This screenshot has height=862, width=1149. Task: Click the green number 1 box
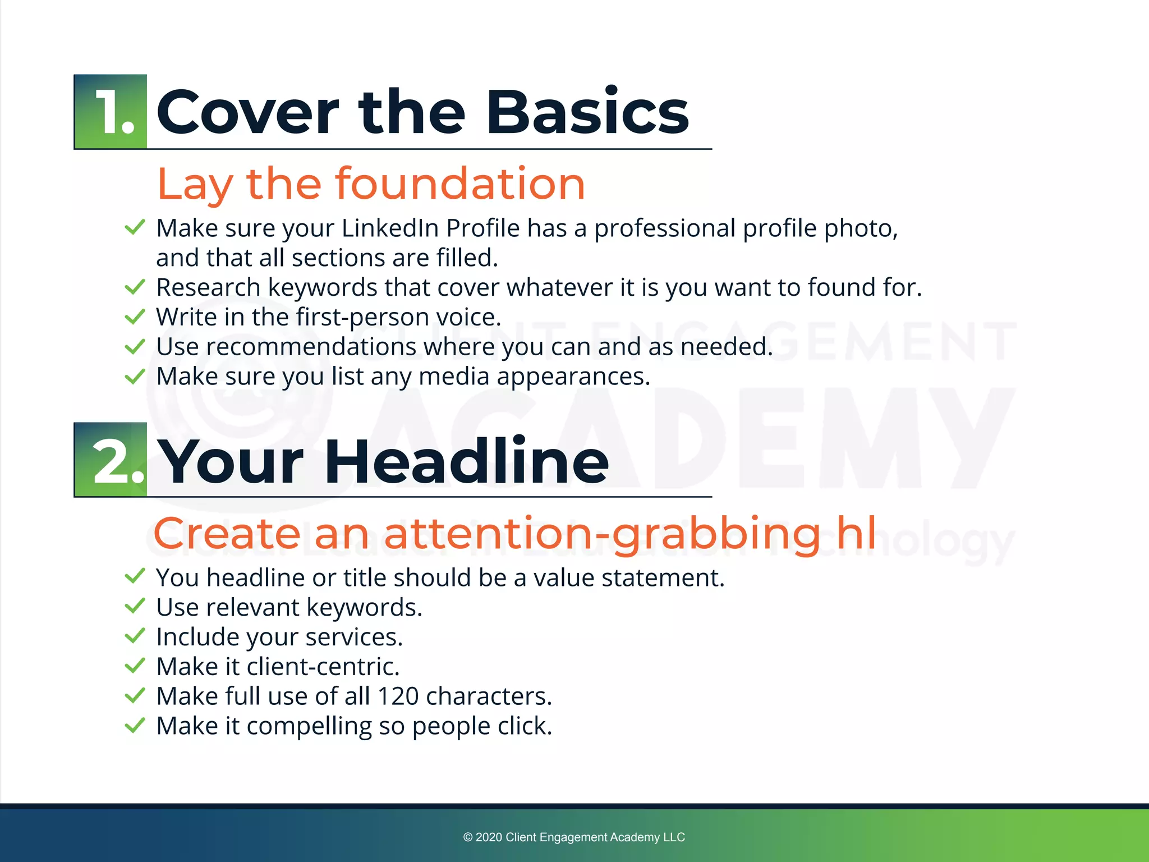(x=111, y=112)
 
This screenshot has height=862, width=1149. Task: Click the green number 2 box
(x=111, y=460)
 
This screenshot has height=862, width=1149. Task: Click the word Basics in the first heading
(x=587, y=112)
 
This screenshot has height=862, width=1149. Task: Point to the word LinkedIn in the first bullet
(x=390, y=228)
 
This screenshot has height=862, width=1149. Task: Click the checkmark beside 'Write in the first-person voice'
(x=135, y=317)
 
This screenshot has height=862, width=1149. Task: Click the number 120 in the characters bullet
(x=398, y=696)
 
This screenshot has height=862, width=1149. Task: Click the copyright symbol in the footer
(x=468, y=837)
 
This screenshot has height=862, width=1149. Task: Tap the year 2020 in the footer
(x=489, y=837)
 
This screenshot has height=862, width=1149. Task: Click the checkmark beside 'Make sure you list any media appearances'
(x=135, y=376)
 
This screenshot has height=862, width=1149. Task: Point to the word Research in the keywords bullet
(x=208, y=287)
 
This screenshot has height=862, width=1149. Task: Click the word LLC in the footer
(x=674, y=837)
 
